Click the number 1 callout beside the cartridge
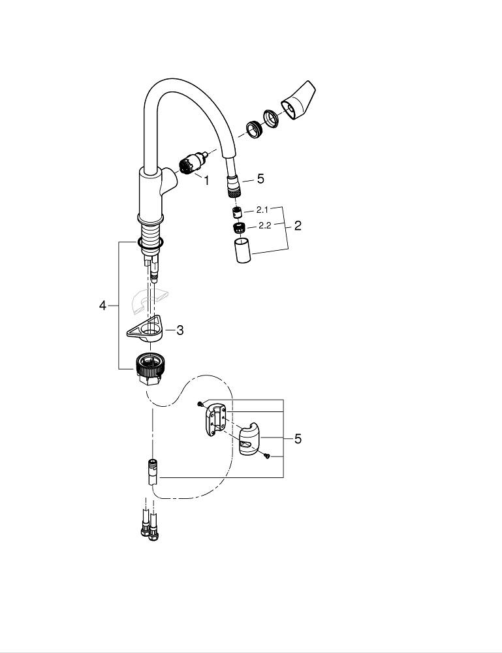pyautogui.click(x=206, y=180)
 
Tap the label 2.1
pyautogui.click(x=262, y=210)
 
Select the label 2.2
pyautogui.click(x=264, y=225)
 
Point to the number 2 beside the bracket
pyautogui.click(x=298, y=226)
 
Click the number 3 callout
pyautogui.click(x=180, y=330)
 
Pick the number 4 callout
pyautogui.click(x=102, y=306)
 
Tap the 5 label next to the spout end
pyautogui.click(x=260, y=178)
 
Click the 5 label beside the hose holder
pyautogui.click(x=298, y=439)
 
